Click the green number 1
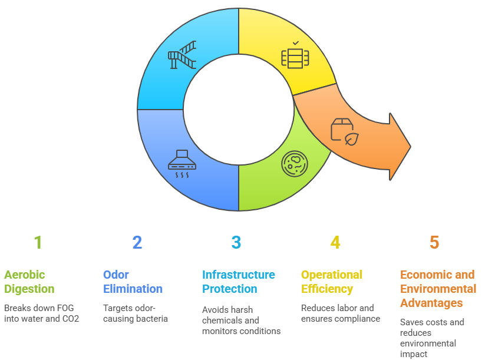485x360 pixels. pyautogui.click(x=38, y=243)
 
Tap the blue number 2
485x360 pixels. pyautogui.click(x=137, y=243)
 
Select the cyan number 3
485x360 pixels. pyautogui.click(x=236, y=243)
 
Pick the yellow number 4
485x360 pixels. pyautogui.click(x=335, y=243)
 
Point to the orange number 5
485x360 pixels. pyautogui.click(x=434, y=243)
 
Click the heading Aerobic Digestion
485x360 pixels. pyautogui.click(x=29, y=282)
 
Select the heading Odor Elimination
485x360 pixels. pyautogui.click(x=133, y=282)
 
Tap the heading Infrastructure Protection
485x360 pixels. pyautogui.click(x=239, y=282)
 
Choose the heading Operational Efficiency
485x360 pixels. pyautogui.click(x=332, y=282)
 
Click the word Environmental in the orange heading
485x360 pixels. pyautogui.click(x=438, y=289)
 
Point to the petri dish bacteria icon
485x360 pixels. pyautogui.click(x=295, y=164)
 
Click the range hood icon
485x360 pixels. pyautogui.click(x=182, y=164)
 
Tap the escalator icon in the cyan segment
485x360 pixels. pyautogui.click(x=182, y=55)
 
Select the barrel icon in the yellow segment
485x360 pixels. pyautogui.click(x=295, y=58)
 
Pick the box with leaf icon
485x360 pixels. pyautogui.click(x=345, y=132)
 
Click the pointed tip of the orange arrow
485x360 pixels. pyautogui.click(x=411, y=147)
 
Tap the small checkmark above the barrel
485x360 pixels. pyautogui.click(x=296, y=43)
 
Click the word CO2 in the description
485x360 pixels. pyautogui.click(x=71, y=319)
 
